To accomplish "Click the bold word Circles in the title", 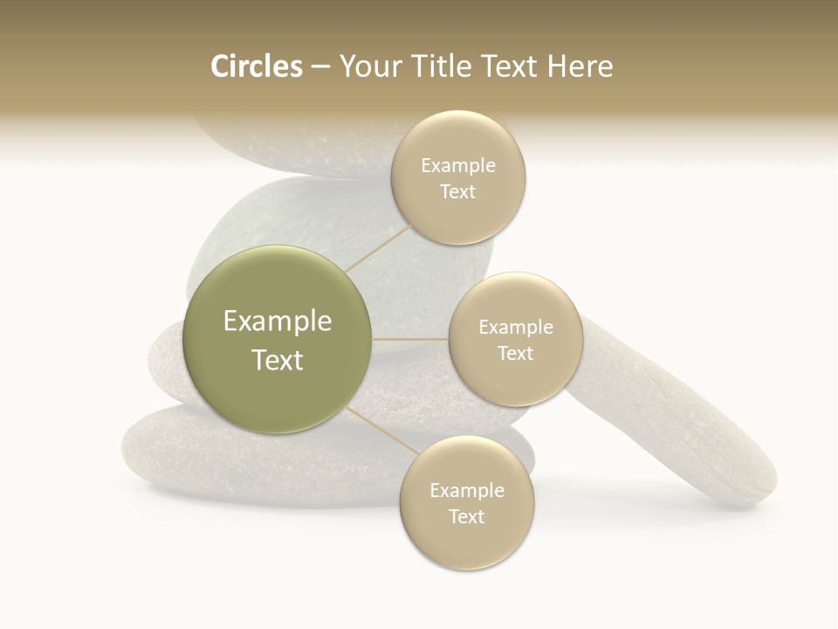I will click(x=256, y=66).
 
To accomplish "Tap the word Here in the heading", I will click(x=580, y=66).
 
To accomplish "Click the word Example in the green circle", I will click(x=278, y=321).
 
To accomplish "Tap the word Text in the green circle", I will click(x=278, y=360).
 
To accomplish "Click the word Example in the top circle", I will click(x=458, y=166).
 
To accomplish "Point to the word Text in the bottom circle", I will click(x=466, y=516).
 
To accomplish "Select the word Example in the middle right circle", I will click(x=516, y=328).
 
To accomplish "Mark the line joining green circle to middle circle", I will click(x=410, y=339).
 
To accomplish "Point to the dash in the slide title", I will click(x=319, y=67).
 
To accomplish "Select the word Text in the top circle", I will click(x=457, y=192).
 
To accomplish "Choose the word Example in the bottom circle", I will click(x=467, y=490).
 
